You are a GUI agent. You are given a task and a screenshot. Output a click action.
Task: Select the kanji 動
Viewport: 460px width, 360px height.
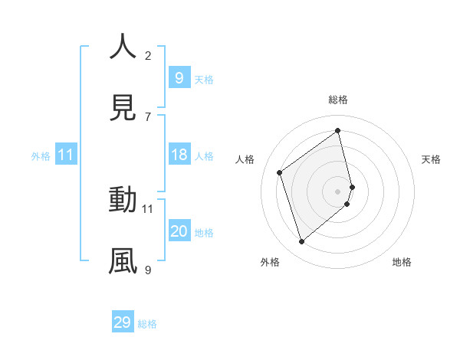123,199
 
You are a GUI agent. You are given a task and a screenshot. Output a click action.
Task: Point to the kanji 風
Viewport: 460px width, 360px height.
123,260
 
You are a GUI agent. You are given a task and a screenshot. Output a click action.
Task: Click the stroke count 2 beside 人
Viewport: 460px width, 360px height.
148,55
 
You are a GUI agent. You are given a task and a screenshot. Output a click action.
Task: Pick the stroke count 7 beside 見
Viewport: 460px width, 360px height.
148,116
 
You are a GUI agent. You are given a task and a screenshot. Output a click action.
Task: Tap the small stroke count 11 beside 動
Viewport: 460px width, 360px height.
148,208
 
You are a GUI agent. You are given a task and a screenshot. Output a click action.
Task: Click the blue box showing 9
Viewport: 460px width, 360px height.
179,78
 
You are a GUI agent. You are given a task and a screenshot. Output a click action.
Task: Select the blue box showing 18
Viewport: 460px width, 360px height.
179,155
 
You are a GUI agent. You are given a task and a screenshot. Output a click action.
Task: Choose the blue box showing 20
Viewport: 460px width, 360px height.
179,231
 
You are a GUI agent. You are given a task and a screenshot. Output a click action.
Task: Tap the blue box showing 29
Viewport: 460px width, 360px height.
123,322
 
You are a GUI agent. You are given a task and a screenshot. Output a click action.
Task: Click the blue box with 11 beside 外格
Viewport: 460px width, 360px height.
66,155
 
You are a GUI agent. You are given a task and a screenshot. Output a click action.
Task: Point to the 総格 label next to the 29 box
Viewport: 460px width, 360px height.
147,324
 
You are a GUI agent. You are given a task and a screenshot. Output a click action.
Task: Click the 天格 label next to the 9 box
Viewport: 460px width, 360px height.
204,80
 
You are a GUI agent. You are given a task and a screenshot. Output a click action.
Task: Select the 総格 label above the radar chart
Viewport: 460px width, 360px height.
338,100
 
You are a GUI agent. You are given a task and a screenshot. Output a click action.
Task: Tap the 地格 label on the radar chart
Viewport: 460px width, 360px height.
402,262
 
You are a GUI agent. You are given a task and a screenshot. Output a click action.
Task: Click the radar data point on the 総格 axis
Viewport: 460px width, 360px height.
338,131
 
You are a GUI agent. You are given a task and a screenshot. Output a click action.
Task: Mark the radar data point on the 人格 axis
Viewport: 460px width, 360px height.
280,173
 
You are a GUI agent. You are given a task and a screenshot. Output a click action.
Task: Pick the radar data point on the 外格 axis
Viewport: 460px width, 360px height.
301,242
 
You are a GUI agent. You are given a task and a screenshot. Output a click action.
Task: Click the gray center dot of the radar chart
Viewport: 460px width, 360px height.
338,191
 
